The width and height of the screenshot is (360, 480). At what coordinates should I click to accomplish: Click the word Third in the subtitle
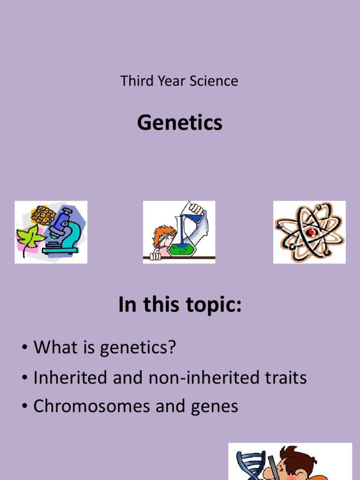(134, 81)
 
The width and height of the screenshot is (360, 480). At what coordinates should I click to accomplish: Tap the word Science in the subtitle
(214, 81)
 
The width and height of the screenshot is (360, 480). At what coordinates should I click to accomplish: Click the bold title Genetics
(180, 123)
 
